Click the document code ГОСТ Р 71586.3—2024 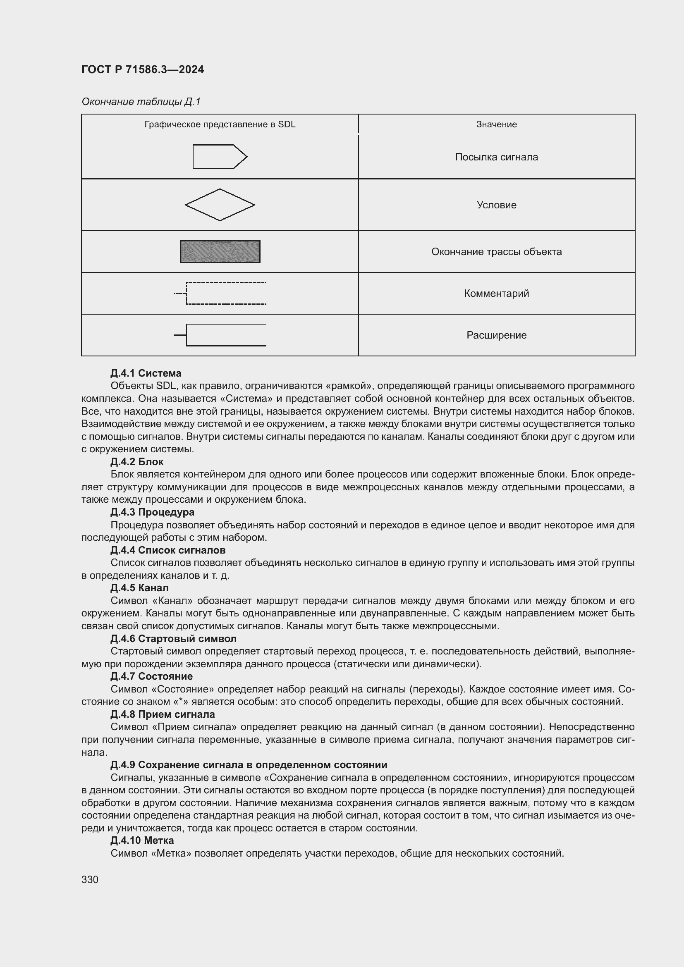pyautogui.click(x=142, y=69)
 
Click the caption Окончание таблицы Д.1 pyautogui.click(x=141, y=102)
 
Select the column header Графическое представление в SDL pyautogui.click(x=220, y=124)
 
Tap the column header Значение pyautogui.click(x=496, y=124)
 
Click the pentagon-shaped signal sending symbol pyautogui.click(x=220, y=157)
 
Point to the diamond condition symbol pyautogui.click(x=220, y=205)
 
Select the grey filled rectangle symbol pyautogui.click(x=220, y=251)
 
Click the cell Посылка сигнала pyautogui.click(x=496, y=157)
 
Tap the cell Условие pyautogui.click(x=496, y=205)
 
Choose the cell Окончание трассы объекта pyautogui.click(x=496, y=252)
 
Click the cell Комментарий pyautogui.click(x=496, y=294)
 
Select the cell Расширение pyautogui.click(x=496, y=335)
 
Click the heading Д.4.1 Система pyautogui.click(x=146, y=373)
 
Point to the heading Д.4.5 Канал pyautogui.click(x=139, y=587)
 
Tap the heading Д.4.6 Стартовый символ pyautogui.click(x=173, y=638)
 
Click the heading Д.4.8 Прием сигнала pyautogui.click(x=162, y=714)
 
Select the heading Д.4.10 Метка pyautogui.click(x=142, y=840)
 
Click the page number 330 pyautogui.click(x=90, y=880)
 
